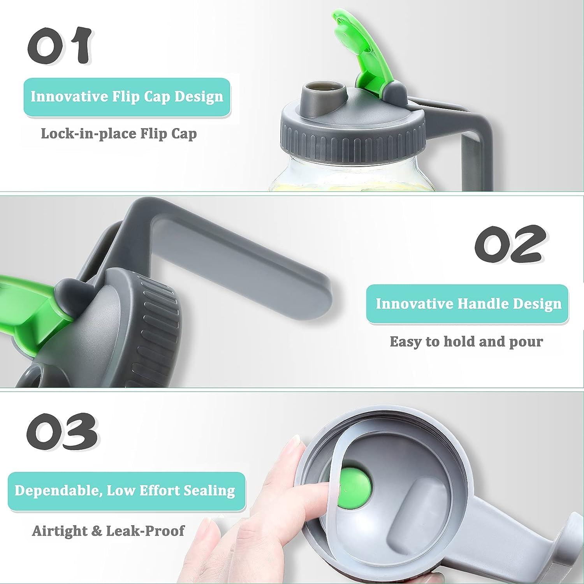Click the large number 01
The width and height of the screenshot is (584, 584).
click(x=59, y=45)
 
